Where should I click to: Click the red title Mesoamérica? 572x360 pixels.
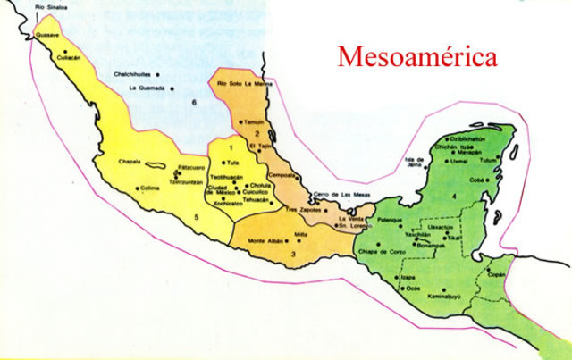(416, 58)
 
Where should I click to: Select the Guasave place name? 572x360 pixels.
(46, 35)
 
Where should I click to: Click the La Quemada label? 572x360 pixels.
(147, 88)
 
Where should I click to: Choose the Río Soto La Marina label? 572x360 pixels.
(245, 83)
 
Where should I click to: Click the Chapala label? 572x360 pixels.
(130, 162)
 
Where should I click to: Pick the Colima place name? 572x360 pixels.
(154, 188)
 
